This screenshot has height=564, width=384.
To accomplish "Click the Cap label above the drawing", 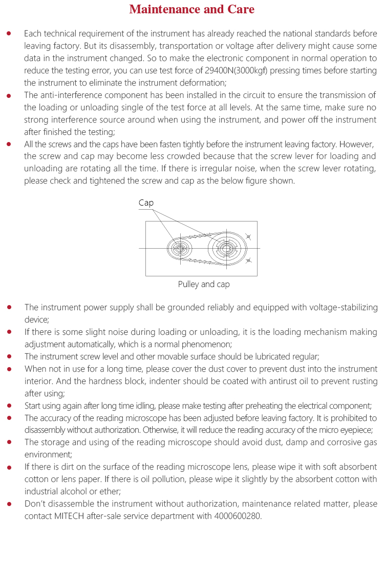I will pyautogui.click(x=146, y=203).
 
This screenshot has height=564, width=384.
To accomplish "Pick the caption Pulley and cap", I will pyautogui.click(x=204, y=284).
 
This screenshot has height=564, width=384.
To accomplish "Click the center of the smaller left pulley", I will pyautogui.click(x=179, y=249).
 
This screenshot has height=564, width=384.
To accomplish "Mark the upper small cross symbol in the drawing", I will pyautogui.click(x=248, y=236).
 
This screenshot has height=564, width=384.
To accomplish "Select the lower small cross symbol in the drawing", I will pyautogui.click(x=248, y=261).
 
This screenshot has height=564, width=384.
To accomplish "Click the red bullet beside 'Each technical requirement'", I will pyautogui.click(x=9, y=33).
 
